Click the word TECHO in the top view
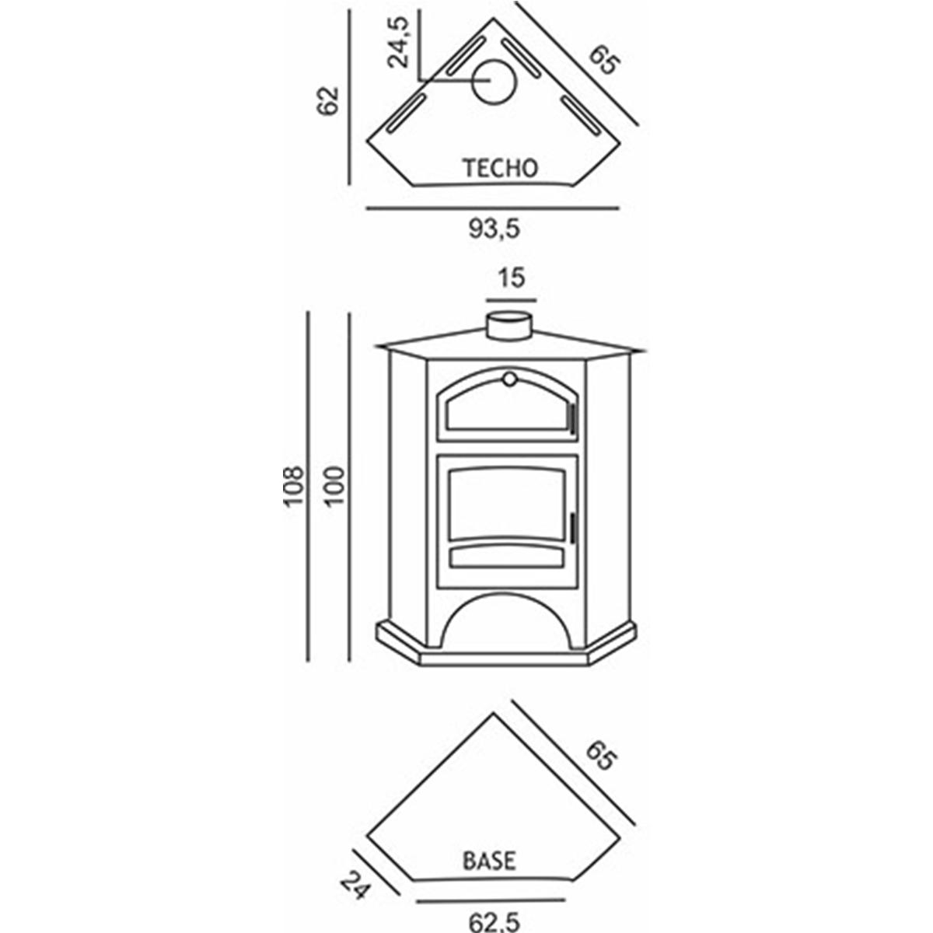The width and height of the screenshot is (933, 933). [500, 168]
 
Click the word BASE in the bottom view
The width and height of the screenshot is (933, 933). [489, 861]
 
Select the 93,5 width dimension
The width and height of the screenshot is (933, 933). [493, 229]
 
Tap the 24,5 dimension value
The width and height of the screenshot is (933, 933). [400, 44]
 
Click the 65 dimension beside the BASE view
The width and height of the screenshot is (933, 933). [602, 755]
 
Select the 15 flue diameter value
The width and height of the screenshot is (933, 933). [512, 278]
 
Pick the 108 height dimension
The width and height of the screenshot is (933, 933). [292, 487]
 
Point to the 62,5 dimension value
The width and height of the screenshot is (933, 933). [492, 923]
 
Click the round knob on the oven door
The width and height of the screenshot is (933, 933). [508, 379]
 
